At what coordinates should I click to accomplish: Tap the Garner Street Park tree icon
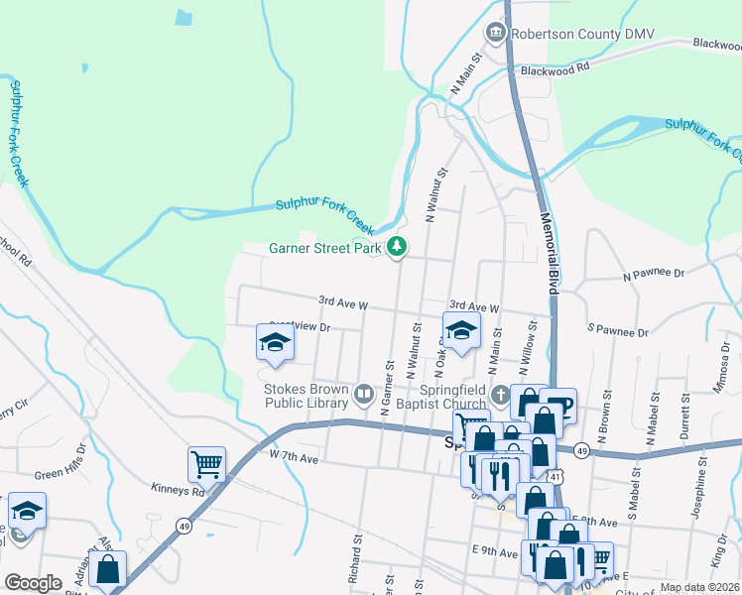coord(397,247)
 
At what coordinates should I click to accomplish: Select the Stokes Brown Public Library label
coord(306,396)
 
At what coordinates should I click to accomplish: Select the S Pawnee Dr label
coord(617,329)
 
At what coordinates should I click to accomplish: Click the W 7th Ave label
coord(293,458)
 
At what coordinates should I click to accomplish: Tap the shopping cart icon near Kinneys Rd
coord(206,463)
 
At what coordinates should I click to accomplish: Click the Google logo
coord(33,583)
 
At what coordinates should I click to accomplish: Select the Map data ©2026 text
coord(699,587)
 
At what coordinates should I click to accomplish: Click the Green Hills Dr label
coord(62,475)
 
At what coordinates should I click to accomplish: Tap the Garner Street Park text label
coord(325,249)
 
